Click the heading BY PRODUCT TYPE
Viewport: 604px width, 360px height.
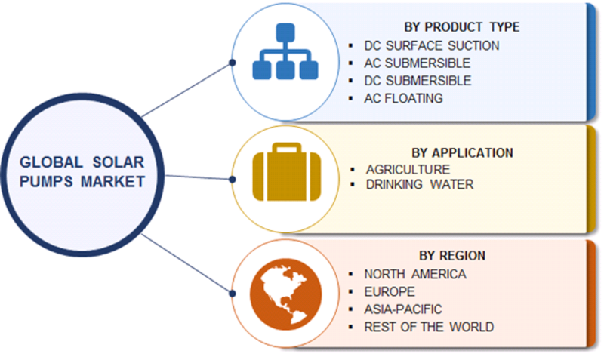tap(461, 27)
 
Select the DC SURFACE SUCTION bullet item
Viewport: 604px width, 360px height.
tap(431, 45)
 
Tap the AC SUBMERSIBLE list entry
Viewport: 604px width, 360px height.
tap(418, 63)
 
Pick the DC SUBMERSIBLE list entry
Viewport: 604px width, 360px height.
tap(418, 81)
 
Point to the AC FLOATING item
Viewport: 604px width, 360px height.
tap(403, 99)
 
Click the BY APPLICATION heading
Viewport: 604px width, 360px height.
tap(462, 153)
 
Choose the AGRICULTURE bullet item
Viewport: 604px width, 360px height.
tap(408, 169)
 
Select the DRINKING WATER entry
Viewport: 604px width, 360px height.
tap(420, 184)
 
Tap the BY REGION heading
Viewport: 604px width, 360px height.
tap(452, 256)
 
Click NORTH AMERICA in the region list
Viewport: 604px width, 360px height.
tap(414, 274)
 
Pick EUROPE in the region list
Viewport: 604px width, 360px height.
tap(390, 292)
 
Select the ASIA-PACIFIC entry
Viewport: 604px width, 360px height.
tap(403, 309)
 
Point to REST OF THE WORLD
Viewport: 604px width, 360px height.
tap(429, 327)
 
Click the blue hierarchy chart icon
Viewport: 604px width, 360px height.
tap(285, 51)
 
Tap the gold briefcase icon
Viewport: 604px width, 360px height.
tap(287, 172)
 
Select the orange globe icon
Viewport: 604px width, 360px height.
tap(286, 294)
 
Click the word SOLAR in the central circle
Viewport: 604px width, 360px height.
tap(119, 162)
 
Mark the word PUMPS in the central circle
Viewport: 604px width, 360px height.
tap(46, 181)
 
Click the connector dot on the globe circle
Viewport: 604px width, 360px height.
tap(233, 294)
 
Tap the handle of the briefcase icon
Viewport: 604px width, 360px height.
tap(287, 147)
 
